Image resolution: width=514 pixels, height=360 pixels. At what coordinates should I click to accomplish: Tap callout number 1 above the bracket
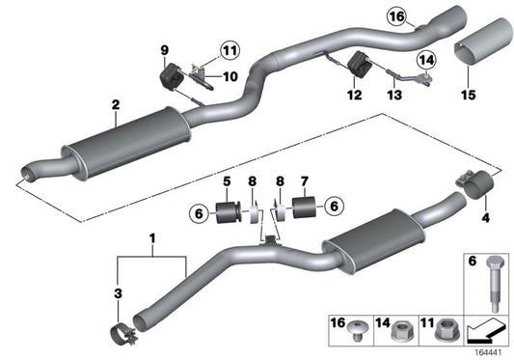[151, 237]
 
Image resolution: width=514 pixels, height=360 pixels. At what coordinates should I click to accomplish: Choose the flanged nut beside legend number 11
[447, 331]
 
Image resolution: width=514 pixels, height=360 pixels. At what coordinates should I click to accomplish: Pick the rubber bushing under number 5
[228, 211]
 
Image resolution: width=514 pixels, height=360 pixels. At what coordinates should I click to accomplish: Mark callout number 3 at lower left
[117, 291]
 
